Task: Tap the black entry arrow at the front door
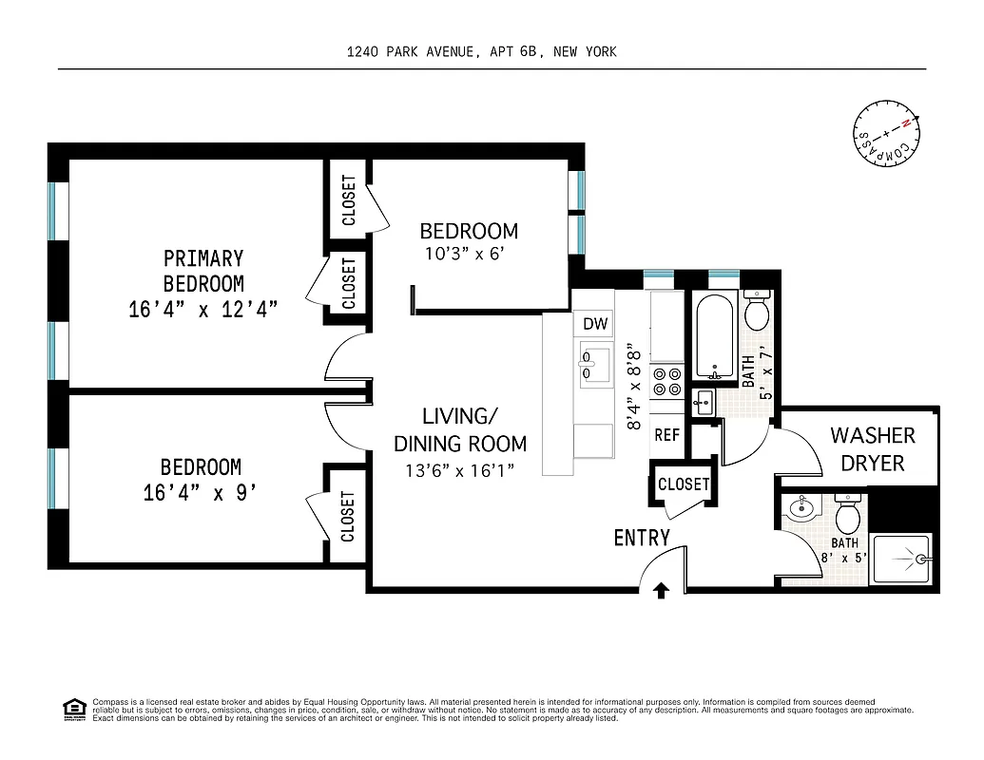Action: (x=662, y=591)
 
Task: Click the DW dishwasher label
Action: (x=595, y=325)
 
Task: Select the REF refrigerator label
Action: (x=667, y=435)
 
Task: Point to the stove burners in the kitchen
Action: (x=667, y=381)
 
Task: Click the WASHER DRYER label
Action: (x=873, y=449)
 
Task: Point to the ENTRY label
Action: (x=642, y=538)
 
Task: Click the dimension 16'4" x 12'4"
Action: (x=203, y=310)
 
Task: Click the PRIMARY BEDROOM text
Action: (x=203, y=271)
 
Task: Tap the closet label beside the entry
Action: (x=684, y=484)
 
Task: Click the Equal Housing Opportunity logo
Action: (x=73, y=709)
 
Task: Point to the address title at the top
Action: (x=482, y=51)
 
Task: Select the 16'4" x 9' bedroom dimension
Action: (x=201, y=493)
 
